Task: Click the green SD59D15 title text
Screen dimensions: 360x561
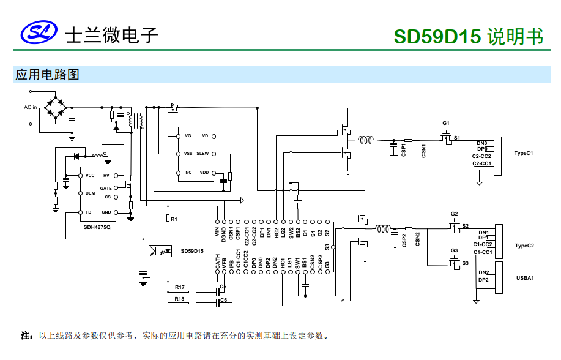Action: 437,36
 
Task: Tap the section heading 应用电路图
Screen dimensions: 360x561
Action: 47,75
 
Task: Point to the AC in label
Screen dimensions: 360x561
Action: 31,107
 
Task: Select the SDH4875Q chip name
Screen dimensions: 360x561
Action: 102,227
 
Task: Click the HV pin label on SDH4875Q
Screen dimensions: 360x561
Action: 106,176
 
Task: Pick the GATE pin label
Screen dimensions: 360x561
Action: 106,188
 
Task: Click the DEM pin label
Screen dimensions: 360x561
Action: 90,193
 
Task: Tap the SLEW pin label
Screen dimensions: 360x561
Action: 202,153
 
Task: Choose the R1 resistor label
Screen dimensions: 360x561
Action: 174,219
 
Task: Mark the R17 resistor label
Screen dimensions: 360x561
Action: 179,287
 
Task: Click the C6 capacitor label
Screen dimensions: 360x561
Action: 223,300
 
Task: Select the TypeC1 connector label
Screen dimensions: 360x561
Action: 524,153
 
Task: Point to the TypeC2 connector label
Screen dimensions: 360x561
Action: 524,246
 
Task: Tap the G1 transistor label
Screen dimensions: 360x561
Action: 446,123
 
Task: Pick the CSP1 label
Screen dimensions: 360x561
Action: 404,151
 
